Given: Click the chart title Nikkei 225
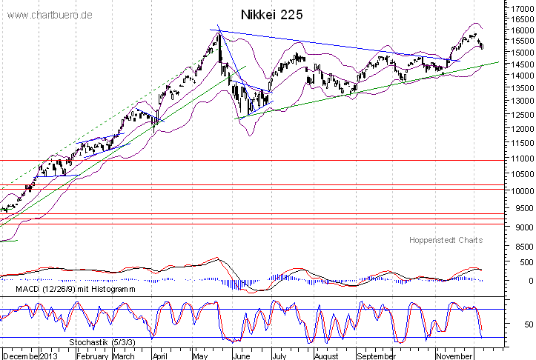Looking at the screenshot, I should pyautogui.click(x=271, y=14).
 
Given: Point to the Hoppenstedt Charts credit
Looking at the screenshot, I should pyautogui.click(x=446, y=240).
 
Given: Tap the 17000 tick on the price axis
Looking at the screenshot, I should pyautogui.click(x=520, y=7).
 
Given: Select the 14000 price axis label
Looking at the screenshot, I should pyautogui.click(x=520, y=76).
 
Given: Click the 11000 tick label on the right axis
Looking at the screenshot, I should pyautogui.click(x=520, y=159).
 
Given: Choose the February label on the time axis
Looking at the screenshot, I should pyautogui.click(x=93, y=354).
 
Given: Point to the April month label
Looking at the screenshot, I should pyautogui.click(x=158, y=354).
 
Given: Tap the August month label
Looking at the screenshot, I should pyautogui.click(x=327, y=354).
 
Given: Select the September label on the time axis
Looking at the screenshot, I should pyautogui.click(x=377, y=354).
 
